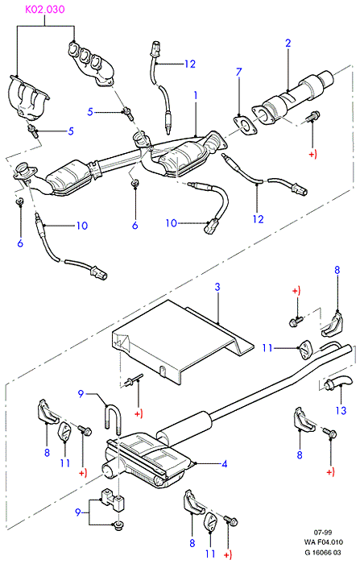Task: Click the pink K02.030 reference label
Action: (x=44, y=9)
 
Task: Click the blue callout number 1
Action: (x=196, y=95)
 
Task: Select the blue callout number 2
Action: (x=288, y=44)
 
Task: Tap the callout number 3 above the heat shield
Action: (x=217, y=287)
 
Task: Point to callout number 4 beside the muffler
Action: (x=225, y=464)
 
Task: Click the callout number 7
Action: (x=239, y=72)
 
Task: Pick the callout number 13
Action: (x=341, y=410)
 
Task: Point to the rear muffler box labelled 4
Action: (x=148, y=460)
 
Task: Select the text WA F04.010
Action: (x=323, y=542)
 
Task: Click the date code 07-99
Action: (x=323, y=533)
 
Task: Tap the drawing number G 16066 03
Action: (x=323, y=552)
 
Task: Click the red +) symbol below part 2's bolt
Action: (x=312, y=155)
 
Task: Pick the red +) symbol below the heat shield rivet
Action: (x=139, y=413)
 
